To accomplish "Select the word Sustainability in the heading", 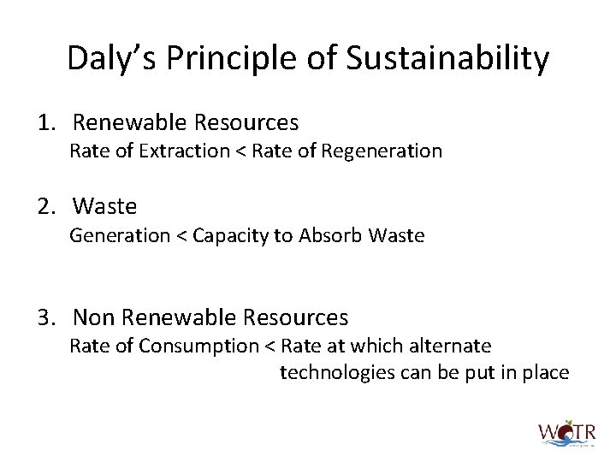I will pyautogui.click(x=448, y=59).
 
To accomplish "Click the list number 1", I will pyautogui.click(x=45, y=123).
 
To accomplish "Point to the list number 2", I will pyautogui.click(x=45, y=206).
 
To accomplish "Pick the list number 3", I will pyautogui.click(x=45, y=317).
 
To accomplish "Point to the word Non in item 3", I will pyautogui.click(x=94, y=317).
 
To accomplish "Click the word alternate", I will pyautogui.click(x=453, y=346).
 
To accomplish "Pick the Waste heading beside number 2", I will pyautogui.click(x=105, y=206).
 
